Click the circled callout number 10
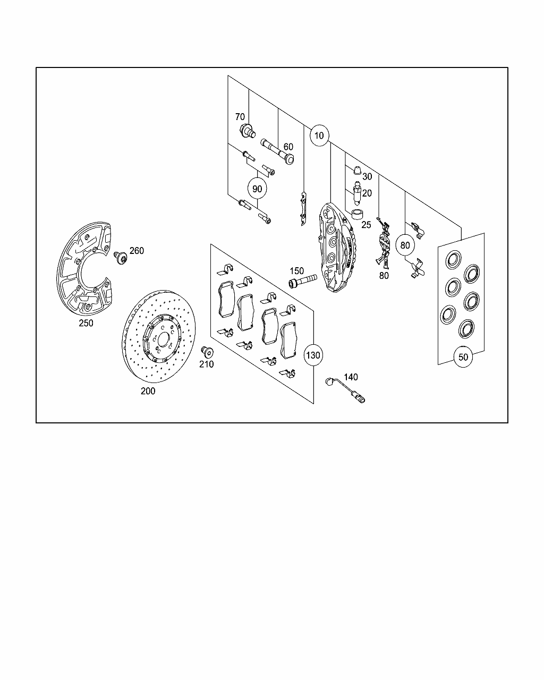319,135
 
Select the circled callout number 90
257,189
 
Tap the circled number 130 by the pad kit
313,355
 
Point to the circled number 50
463,357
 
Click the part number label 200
148,391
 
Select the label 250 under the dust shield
86,323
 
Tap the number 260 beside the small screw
137,251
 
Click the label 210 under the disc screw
207,364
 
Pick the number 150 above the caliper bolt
297,271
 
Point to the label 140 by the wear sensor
351,377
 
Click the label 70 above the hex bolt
240,117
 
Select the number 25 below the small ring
366,225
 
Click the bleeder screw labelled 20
357,194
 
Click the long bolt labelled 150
303,280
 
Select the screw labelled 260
121,258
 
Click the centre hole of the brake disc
163,339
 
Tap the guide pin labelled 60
277,151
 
